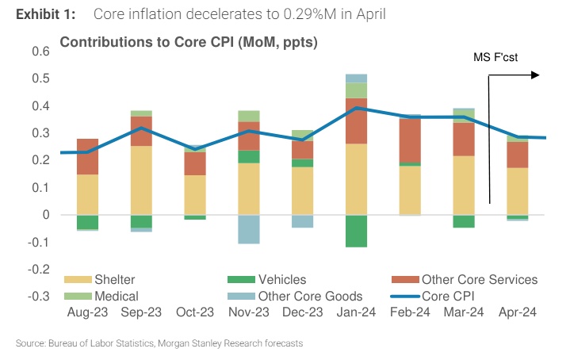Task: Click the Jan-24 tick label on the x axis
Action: pyautogui.click(x=356, y=313)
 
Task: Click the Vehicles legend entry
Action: pyautogui.click(x=277, y=279)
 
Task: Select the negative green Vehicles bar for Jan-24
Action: pyautogui.click(x=356, y=231)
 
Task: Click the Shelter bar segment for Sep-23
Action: pyautogui.click(x=141, y=180)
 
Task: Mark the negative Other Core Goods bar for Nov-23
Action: pyautogui.click(x=249, y=229)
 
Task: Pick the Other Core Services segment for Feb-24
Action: pyautogui.click(x=411, y=140)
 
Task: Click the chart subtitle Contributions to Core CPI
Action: pyautogui.click(x=188, y=42)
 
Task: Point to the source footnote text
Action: pyautogui.click(x=159, y=343)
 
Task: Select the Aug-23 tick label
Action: pyautogui.click(x=86, y=313)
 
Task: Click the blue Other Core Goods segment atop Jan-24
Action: pyautogui.click(x=356, y=78)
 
